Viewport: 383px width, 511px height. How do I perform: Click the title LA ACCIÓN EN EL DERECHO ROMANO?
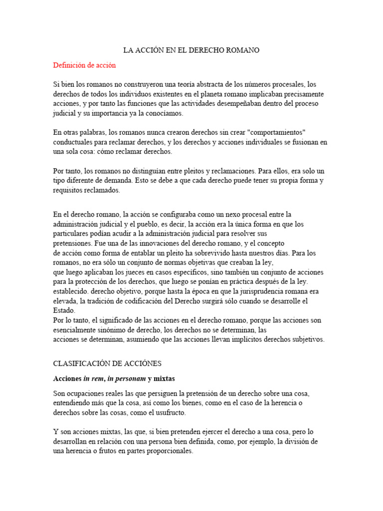(191, 50)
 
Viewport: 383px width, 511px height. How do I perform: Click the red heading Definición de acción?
(84, 65)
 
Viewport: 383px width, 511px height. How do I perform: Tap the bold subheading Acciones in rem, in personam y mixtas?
(114, 379)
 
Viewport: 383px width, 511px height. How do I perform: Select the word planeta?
(196, 94)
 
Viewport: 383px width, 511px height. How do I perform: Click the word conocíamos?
(163, 113)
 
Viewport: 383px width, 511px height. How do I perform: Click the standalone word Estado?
(63, 310)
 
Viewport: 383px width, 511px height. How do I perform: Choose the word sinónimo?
(112, 330)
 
